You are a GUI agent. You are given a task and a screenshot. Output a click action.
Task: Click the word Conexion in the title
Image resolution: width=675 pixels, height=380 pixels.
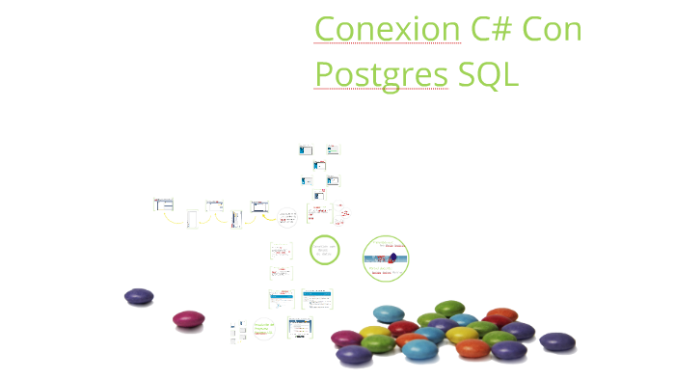point(387,29)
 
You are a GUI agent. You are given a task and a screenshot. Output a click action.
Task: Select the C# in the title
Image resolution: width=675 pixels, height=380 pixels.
point(492,29)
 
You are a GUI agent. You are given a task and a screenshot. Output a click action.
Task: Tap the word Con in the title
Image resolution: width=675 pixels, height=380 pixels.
point(553,29)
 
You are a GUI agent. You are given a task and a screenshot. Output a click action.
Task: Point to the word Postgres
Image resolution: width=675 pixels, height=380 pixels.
point(381,74)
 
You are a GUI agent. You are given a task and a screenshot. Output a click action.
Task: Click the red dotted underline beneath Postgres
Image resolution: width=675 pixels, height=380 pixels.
point(381,90)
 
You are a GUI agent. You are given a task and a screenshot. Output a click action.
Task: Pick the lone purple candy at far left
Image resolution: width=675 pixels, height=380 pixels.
point(139,297)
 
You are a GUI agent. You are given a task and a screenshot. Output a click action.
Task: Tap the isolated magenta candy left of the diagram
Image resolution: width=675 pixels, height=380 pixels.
point(189,318)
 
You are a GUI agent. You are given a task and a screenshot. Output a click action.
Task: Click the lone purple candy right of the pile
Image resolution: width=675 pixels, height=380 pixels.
point(556,341)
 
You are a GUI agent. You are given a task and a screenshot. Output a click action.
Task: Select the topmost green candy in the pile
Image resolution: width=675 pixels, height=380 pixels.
point(449,309)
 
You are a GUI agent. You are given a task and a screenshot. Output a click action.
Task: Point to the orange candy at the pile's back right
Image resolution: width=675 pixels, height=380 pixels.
point(502,314)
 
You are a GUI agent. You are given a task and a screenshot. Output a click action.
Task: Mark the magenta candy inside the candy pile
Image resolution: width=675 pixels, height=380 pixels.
point(346,338)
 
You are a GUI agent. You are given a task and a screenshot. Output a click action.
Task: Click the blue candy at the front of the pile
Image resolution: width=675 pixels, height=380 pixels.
point(419,349)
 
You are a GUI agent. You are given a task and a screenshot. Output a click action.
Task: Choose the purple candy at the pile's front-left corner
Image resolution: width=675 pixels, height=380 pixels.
point(354,355)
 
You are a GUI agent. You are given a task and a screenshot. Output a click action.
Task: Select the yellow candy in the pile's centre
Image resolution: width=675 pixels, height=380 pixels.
point(462,335)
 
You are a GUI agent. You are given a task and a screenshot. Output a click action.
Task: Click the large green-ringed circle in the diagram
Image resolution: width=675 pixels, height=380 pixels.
point(325,250)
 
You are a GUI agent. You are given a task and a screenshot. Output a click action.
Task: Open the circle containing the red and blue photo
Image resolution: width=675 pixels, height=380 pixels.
point(387,258)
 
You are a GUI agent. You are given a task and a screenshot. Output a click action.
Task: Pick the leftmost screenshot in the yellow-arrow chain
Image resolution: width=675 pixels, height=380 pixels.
point(164,204)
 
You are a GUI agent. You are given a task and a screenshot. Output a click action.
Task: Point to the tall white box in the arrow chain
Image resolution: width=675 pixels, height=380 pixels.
point(192,219)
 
